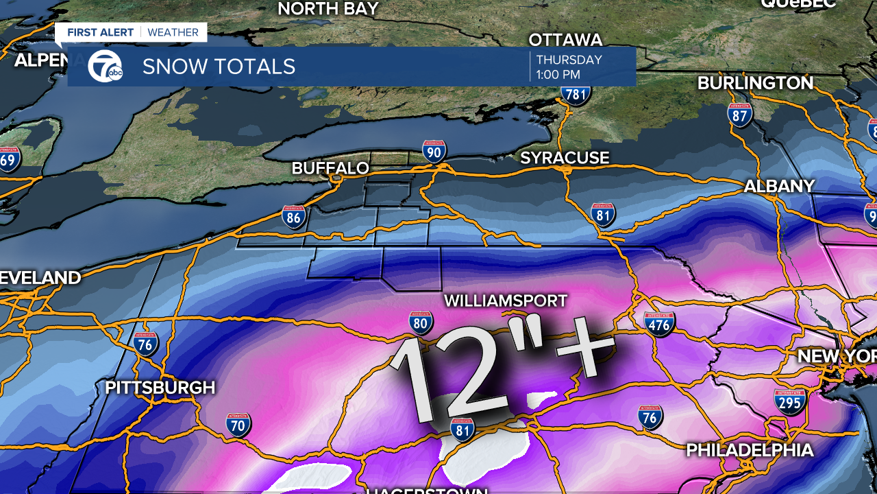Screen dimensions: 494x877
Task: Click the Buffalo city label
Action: coord(330,168)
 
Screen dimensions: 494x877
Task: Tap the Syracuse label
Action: coord(565,158)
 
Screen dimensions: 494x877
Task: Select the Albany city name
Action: coord(779,186)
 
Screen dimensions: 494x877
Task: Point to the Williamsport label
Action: coord(506,301)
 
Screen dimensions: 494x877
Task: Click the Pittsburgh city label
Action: coord(160,388)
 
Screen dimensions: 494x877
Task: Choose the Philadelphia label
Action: coord(750,450)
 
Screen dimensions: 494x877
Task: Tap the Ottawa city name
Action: coord(565,39)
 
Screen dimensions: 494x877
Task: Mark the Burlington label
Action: coord(755,83)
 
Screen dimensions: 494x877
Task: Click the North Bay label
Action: coord(328,8)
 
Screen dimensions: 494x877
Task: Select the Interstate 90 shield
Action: coord(434,151)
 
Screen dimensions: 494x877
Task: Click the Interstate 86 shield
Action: coord(294,217)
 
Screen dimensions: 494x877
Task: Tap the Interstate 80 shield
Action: coord(421,322)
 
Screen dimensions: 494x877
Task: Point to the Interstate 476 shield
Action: coord(659,323)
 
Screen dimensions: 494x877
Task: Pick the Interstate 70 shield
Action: coord(238,425)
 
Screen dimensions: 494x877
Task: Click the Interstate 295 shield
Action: coord(790,401)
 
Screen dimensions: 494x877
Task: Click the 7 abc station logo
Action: coord(105,67)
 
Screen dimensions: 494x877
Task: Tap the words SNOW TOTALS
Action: coord(219,67)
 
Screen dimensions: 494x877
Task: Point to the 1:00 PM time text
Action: coord(558,74)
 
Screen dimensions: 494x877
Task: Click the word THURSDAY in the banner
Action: coord(569,60)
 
